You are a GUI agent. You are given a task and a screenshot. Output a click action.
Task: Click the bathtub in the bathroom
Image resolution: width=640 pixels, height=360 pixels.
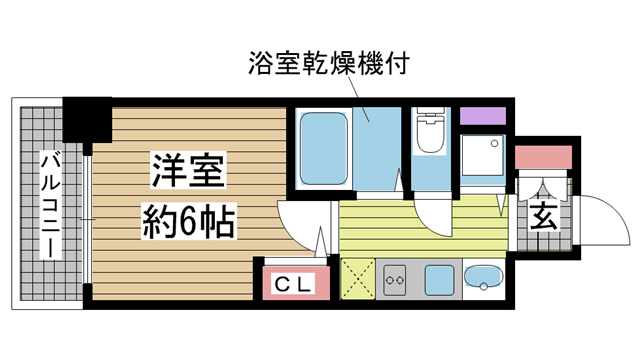(322, 147)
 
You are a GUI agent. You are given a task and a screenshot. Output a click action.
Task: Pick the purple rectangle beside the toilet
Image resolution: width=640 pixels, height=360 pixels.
(483, 113)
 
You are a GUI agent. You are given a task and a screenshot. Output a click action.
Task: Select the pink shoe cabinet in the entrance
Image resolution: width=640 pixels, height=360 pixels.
(543, 157)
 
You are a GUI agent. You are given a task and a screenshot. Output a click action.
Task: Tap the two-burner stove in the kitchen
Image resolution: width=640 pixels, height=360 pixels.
(393, 279)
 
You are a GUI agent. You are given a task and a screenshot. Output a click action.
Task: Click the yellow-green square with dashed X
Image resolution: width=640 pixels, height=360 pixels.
(357, 279)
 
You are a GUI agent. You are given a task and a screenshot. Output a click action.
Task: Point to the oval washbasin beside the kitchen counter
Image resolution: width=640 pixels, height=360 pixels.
(483, 278)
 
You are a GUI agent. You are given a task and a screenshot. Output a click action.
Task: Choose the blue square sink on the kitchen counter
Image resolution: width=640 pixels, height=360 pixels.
(438, 279)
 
